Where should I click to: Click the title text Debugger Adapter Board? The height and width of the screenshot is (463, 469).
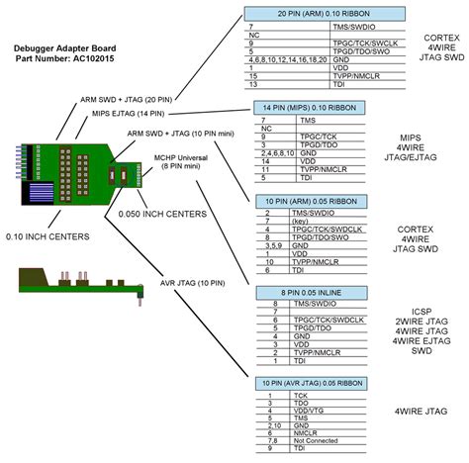click(x=65, y=48)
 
